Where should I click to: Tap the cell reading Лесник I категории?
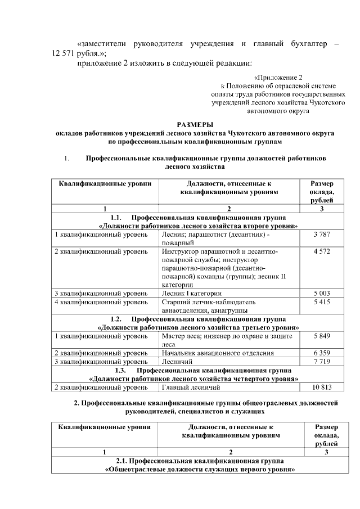pos(191,293)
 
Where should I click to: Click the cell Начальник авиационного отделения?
pos(218,353)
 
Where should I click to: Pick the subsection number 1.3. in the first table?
pos(123,371)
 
